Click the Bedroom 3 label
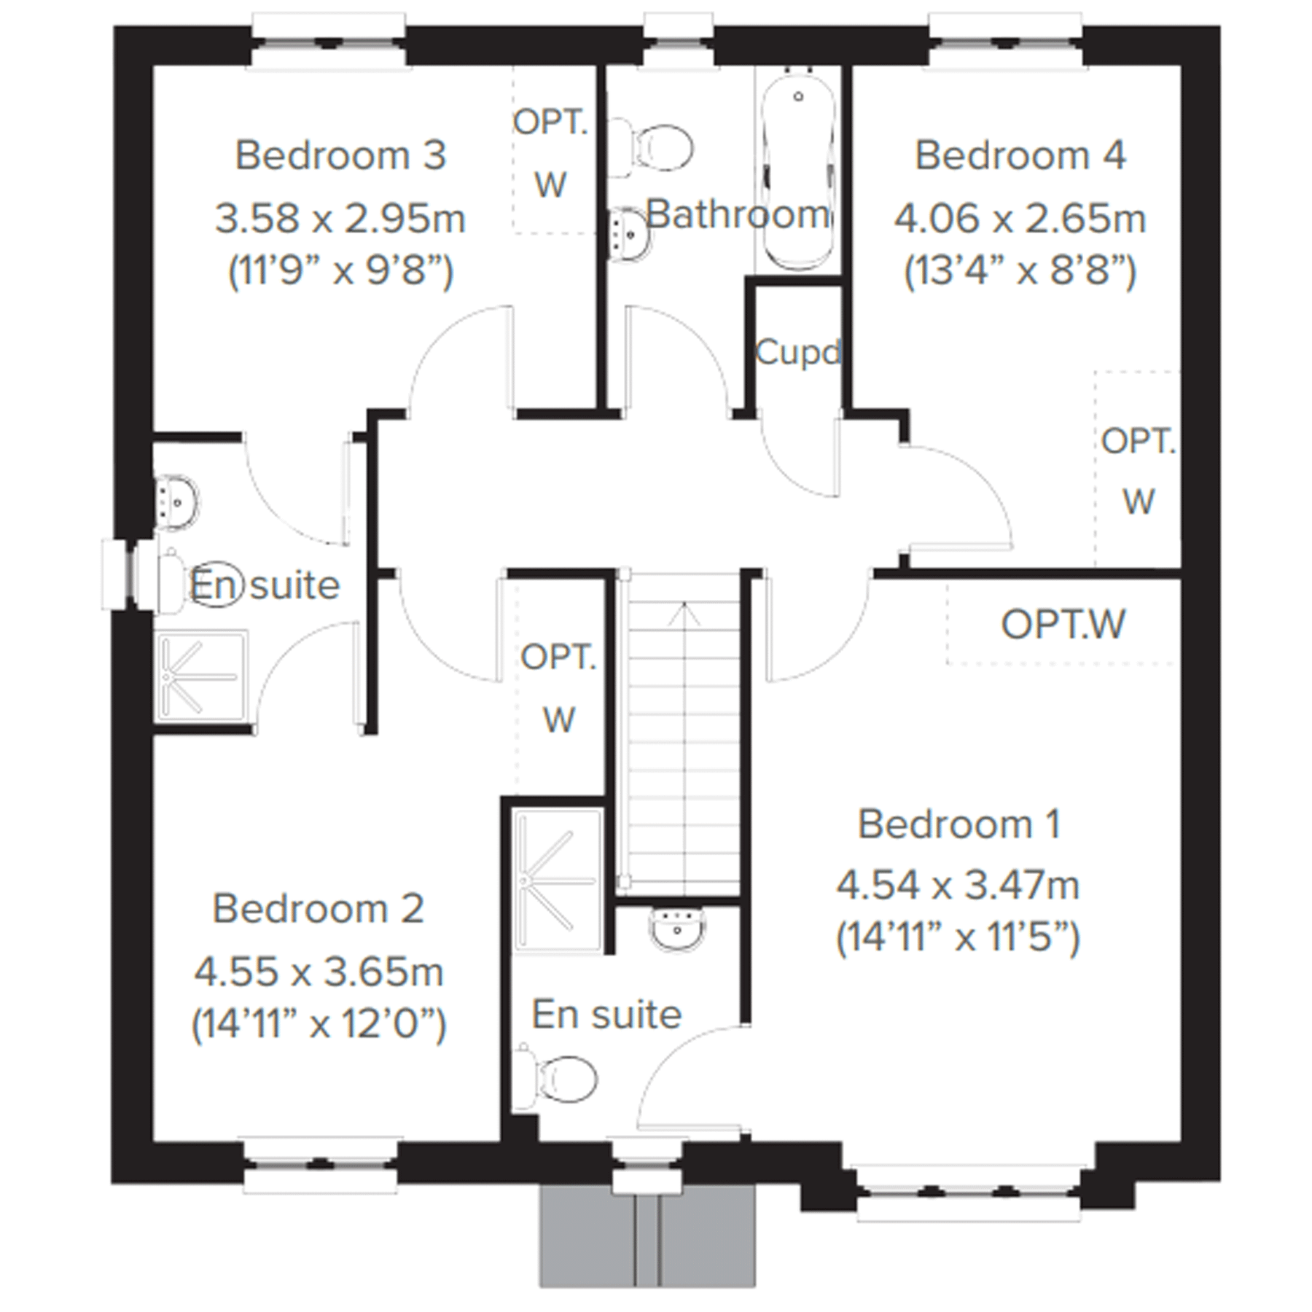(x=340, y=155)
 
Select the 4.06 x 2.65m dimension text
(x=1020, y=219)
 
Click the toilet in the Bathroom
(x=656, y=148)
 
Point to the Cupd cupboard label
(x=798, y=353)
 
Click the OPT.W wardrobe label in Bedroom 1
(x=1063, y=625)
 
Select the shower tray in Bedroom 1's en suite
(x=558, y=880)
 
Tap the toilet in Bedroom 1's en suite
(x=561, y=1079)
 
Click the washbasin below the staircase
(x=677, y=929)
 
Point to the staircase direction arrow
(x=684, y=616)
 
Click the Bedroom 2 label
(x=318, y=908)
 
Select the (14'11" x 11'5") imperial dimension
(x=957, y=937)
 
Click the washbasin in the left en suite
(x=176, y=501)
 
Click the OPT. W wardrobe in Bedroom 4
(x=1137, y=470)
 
